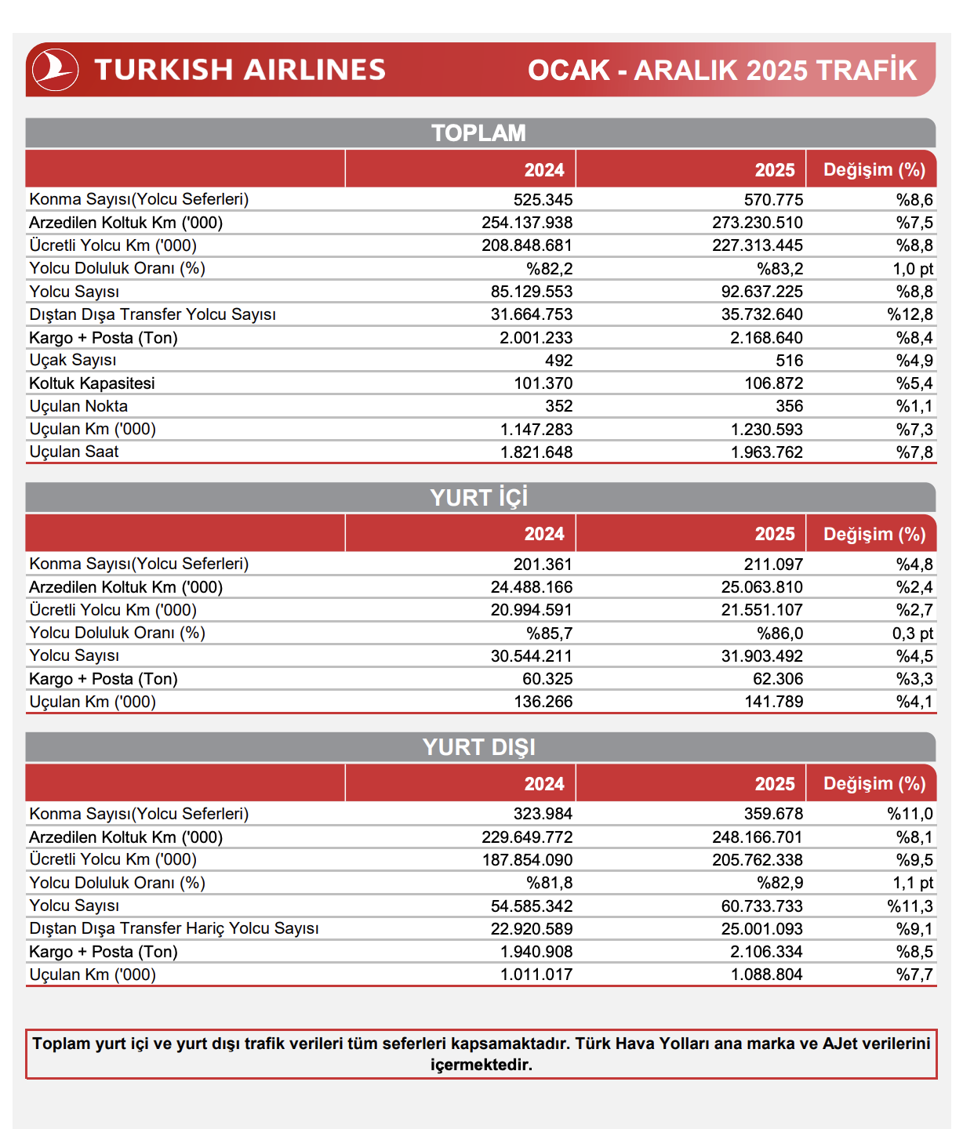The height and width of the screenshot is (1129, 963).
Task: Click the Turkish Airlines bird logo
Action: (55, 70)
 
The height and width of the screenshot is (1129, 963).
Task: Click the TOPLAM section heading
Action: (478, 133)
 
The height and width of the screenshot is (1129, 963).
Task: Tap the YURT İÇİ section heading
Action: (478, 498)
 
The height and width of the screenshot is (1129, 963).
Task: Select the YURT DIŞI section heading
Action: (478, 747)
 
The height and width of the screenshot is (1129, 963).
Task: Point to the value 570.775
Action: (773, 200)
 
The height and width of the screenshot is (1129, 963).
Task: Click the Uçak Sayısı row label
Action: (73, 360)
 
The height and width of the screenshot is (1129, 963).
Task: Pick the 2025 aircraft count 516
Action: (789, 361)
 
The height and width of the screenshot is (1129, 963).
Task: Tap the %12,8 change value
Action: (910, 314)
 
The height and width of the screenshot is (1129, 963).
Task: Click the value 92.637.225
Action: (762, 292)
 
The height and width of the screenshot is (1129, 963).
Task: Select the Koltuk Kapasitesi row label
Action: (92, 383)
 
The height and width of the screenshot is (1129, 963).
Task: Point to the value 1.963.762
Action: (767, 452)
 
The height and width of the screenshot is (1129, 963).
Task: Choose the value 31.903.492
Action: (762, 656)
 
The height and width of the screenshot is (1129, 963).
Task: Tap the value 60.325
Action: (547, 679)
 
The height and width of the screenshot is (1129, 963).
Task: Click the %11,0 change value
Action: (910, 814)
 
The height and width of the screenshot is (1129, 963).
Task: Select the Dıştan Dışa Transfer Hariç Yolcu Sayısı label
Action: (174, 928)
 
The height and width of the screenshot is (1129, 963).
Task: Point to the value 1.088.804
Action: (767, 975)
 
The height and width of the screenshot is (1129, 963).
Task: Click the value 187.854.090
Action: (527, 860)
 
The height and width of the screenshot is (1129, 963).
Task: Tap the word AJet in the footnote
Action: (841, 1044)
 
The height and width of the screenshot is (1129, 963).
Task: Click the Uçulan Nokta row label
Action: (78, 406)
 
